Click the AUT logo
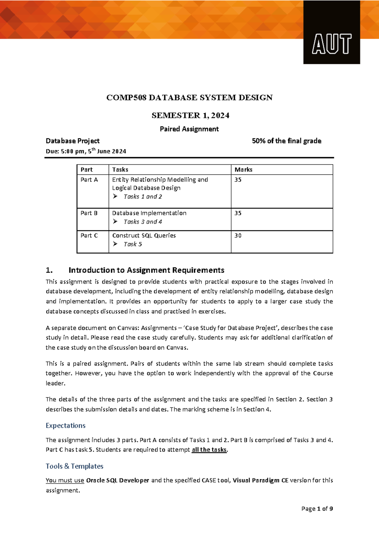click(x=332, y=44)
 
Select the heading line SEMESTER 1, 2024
click(x=190, y=115)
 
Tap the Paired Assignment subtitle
click(x=189, y=129)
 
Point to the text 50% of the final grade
click(x=286, y=141)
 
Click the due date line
click(x=86, y=151)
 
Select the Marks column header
click(x=244, y=170)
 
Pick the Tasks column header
click(x=120, y=170)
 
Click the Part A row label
click(x=89, y=180)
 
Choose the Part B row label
click(x=89, y=213)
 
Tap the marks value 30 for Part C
click(x=238, y=236)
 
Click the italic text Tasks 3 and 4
click(x=143, y=222)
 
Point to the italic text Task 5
click(x=133, y=244)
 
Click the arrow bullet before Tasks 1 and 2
click(x=115, y=197)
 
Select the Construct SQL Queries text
click(x=144, y=236)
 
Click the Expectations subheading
click(x=65, y=426)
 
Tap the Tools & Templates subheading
click(x=75, y=466)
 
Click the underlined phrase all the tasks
click(x=209, y=450)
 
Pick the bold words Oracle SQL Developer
click(x=117, y=480)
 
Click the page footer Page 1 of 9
click(x=317, y=509)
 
